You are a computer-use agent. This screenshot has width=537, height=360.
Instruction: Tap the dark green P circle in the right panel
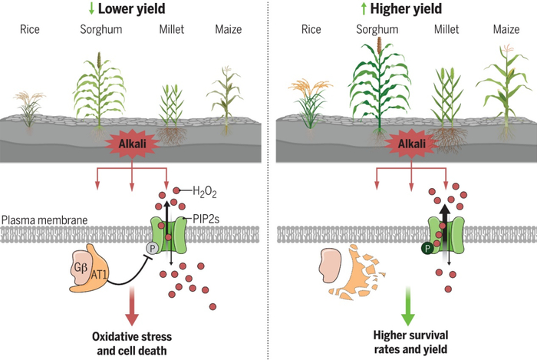tap(423, 248)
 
